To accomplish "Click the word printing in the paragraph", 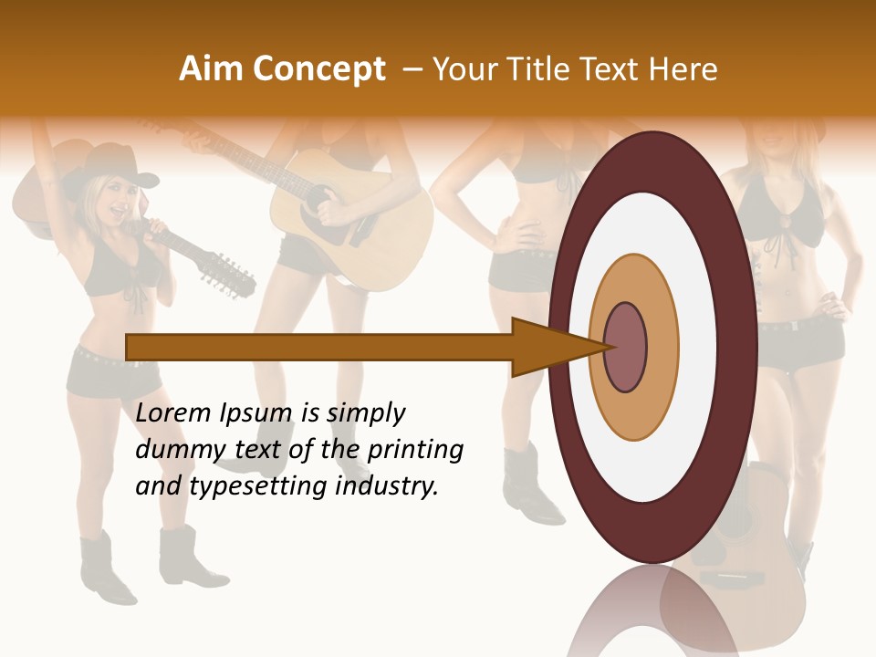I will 415,450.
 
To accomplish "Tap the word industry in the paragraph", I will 384,486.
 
